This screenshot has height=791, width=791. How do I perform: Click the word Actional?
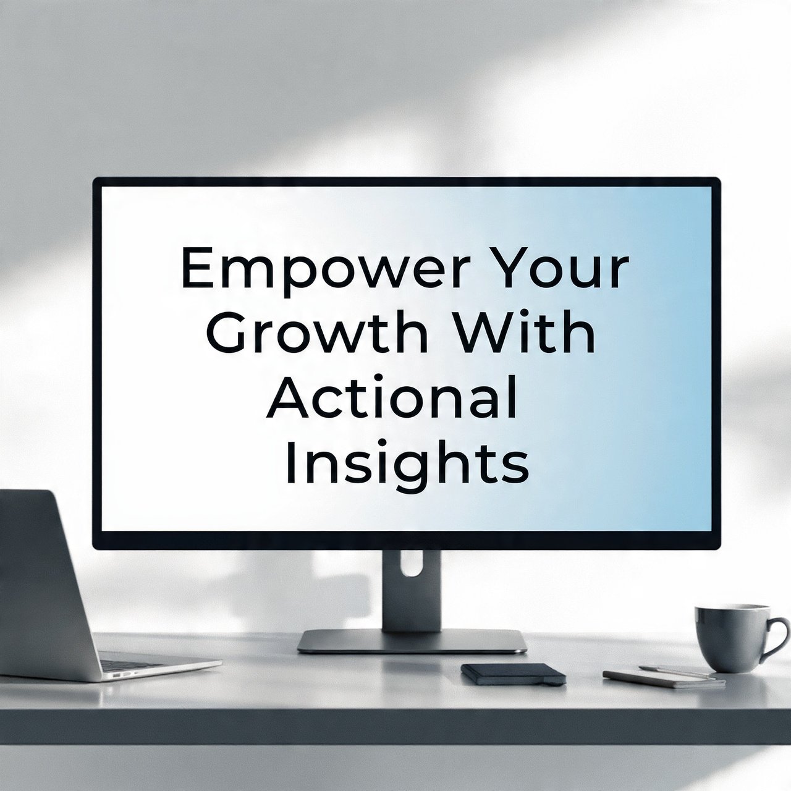[392, 397]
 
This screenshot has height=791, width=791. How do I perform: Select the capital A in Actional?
[287, 397]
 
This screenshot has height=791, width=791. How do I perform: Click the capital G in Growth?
[227, 332]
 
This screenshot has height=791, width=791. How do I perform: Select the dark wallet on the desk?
[513, 674]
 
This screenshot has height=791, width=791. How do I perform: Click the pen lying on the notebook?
[677, 672]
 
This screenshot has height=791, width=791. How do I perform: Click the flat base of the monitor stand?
[412, 641]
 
